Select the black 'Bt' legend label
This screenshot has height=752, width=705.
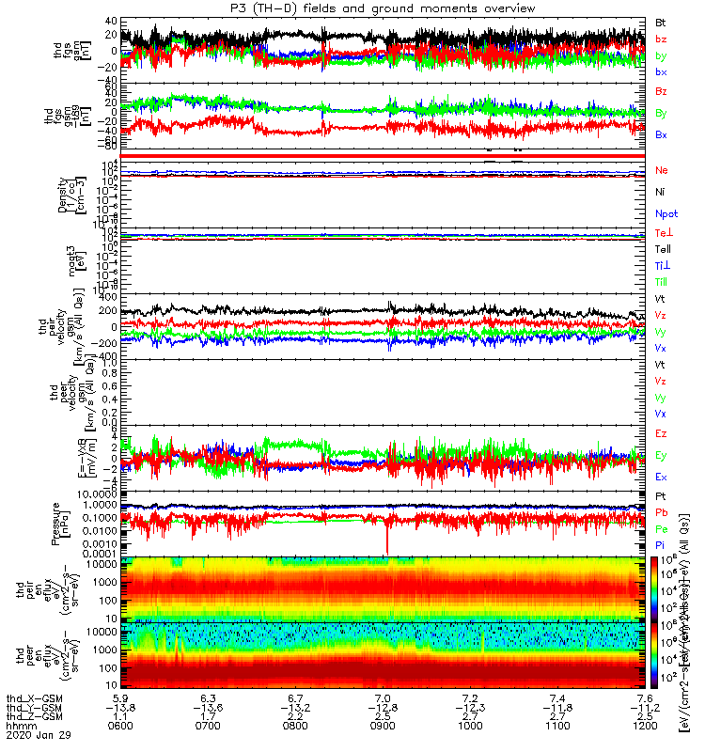click(x=662, y=21)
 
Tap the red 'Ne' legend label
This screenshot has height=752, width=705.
click(x=662, y=170)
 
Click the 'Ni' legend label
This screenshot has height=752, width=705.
click(x=661, y=192)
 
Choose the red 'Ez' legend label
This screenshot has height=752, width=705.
click(x=662, y=433)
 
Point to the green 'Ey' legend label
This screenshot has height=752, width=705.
click(x=662, y=455)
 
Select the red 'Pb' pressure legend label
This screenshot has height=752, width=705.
click(x=662, y=513)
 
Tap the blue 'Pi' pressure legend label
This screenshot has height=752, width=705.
click(x=661, y=544)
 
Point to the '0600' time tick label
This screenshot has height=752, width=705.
click(x=119, y=727)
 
